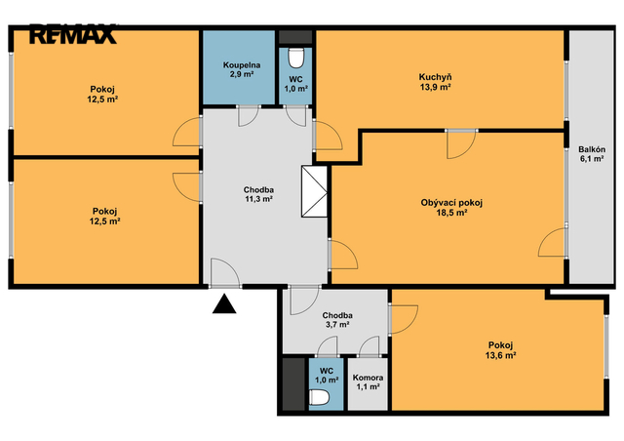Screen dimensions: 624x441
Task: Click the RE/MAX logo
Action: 72,34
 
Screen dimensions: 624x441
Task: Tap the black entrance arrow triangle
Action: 224,304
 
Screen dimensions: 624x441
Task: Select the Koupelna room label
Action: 242,65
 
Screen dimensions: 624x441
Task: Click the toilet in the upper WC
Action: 295,59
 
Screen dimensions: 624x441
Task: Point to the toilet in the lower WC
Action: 319,397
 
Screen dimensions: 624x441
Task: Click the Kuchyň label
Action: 435,77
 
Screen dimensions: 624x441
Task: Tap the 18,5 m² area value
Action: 451,213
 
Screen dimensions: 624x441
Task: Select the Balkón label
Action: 592,149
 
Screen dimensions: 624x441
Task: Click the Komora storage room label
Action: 368,378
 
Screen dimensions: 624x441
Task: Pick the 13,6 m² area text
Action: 500,355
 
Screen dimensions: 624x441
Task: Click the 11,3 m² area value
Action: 258,199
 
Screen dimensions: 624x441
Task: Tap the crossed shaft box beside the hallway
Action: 314,191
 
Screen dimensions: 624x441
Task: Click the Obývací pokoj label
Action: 451,203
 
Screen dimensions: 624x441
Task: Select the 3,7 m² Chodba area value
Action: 337,325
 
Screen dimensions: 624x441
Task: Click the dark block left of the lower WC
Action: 293,384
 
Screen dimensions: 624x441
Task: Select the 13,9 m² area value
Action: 436,87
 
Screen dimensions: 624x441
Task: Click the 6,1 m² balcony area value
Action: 592,159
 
